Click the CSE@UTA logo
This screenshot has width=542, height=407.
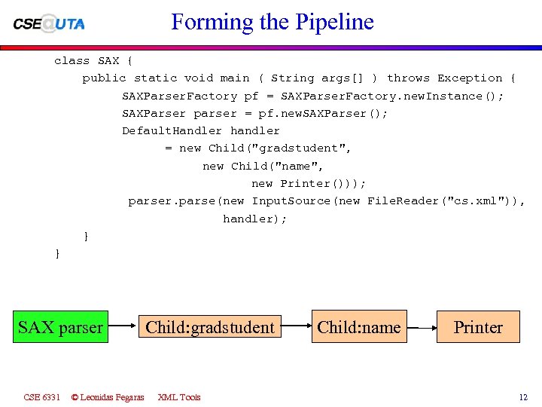49,23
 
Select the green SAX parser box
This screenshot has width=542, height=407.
60,327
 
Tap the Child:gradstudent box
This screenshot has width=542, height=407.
209,327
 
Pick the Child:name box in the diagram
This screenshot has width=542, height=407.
359,327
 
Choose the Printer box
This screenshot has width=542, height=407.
478,327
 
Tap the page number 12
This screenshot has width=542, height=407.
523,397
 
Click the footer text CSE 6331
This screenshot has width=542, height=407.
41,397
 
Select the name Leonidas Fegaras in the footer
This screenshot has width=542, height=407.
111,397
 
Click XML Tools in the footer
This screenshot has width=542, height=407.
179,397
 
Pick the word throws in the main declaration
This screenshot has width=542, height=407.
408,78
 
